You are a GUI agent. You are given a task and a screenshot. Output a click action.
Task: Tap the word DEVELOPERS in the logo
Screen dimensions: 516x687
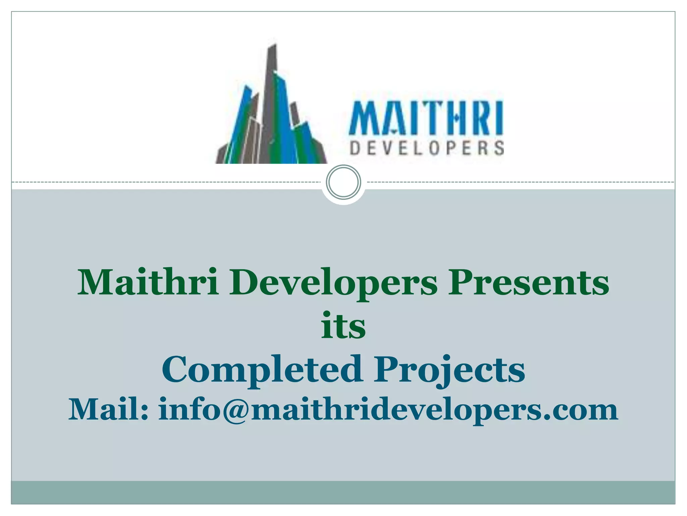click(427, 148)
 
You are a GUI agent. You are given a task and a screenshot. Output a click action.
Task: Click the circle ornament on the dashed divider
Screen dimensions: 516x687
click(343, 182)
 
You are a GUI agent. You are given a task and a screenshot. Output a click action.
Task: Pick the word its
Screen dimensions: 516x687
click(343, 325)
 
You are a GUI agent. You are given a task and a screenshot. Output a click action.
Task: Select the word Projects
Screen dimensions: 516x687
click(450, 370)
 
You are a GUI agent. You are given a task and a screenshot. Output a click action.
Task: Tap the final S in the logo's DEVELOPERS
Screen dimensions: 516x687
click(499, 148)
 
